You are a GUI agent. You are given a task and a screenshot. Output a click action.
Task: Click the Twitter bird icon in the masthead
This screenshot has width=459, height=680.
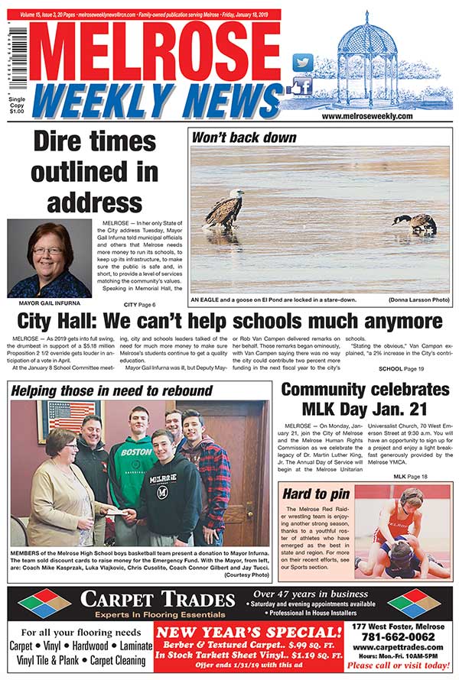pyautogui.click(x=303, y=63)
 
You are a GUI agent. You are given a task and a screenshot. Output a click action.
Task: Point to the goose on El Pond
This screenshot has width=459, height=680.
pyautogui.click(x=415, y=222)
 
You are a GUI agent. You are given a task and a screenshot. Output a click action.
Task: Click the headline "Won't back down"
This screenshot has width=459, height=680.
pyautogui.click(x=244, y=138)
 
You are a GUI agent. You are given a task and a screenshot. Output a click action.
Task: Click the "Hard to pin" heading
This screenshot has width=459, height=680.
pyautogui.click(x=316, y=494)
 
